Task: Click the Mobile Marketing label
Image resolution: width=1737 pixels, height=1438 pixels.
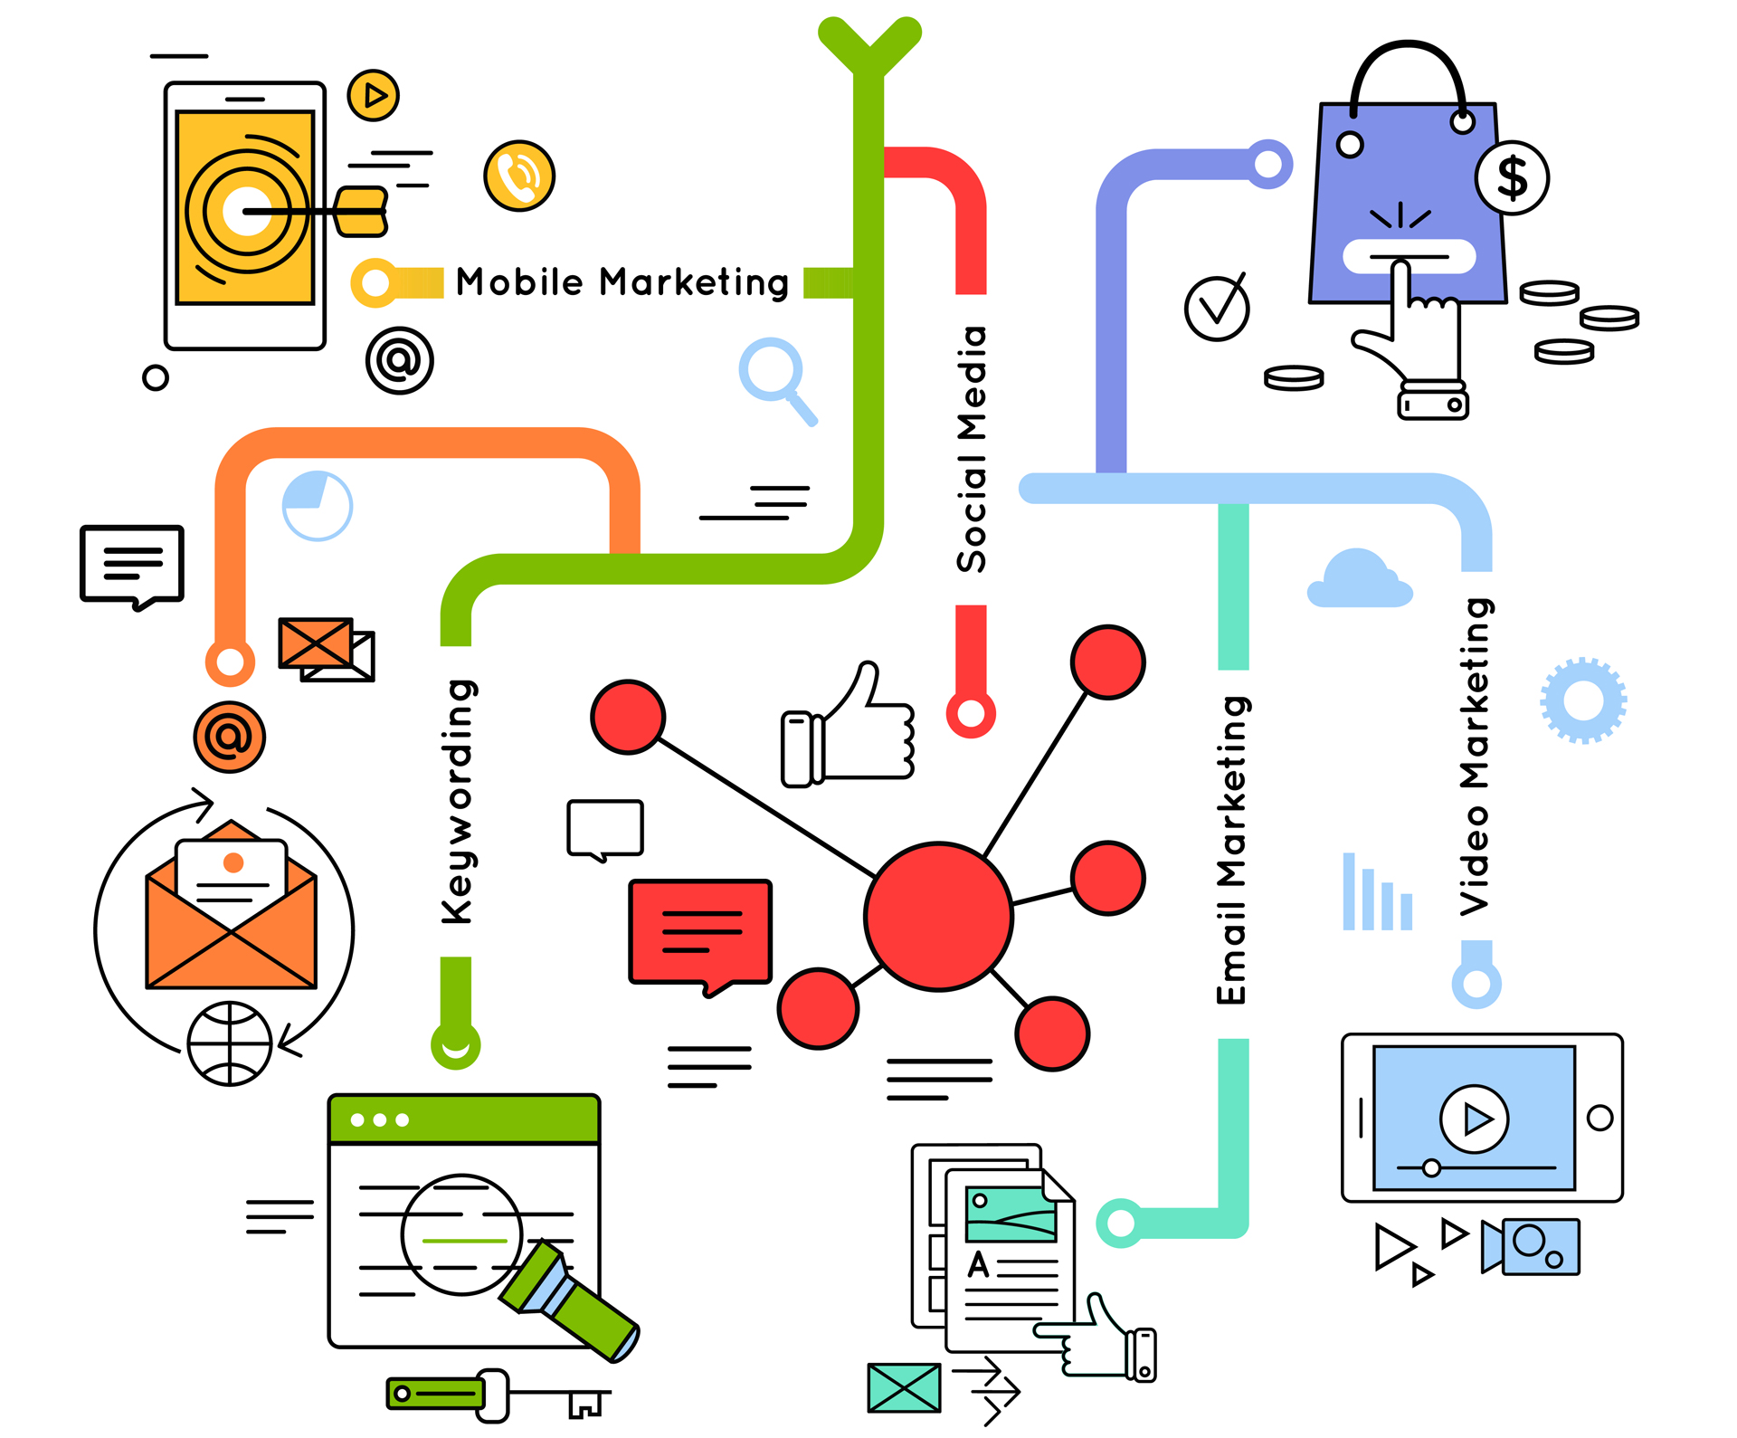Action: point(622,282)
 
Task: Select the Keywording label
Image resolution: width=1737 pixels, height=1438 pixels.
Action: point(458,802)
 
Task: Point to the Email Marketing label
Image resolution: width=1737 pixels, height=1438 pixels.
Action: point(1233,851)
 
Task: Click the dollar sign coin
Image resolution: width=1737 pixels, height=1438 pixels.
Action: point(1512,178)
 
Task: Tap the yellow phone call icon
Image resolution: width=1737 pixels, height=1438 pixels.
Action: point(519,176)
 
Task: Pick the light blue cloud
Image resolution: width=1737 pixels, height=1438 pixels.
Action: point(1359,581)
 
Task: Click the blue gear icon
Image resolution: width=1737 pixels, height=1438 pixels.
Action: point(1583,700)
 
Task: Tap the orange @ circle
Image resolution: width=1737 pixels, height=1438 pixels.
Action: point(230,737)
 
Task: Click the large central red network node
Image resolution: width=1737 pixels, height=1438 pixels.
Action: point(938,917)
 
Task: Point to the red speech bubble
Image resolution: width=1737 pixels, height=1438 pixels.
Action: point(700,932)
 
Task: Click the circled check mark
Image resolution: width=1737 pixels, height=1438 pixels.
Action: point(1217,308)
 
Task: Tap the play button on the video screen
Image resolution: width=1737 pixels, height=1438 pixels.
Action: point(1475,1119)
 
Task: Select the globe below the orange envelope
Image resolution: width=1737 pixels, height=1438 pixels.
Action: point(230,1043)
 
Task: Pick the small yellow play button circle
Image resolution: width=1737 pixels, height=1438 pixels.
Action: point(374,95)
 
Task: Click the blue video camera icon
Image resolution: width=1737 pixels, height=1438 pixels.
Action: point(1532,1245)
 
